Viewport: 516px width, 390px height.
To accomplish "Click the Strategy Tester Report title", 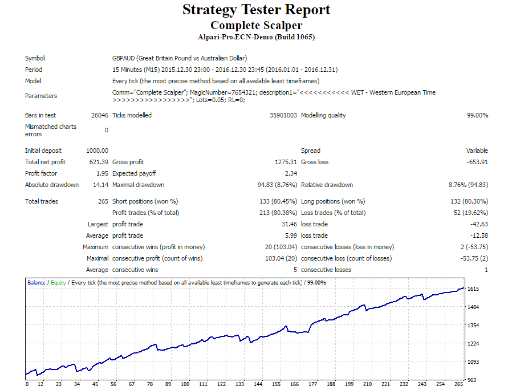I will pyautogui.click(x=256, y=10).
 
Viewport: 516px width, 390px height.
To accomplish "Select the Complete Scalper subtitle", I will pyautogui.click(x=256, y=25).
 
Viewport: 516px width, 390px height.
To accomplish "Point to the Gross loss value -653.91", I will pyautogui.click(x=476, y=162).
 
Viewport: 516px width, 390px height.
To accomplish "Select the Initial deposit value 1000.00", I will pyautogui.click(x=97, y=151).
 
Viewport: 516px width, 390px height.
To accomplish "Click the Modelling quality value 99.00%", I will pyautogui.click(x=477, y=115).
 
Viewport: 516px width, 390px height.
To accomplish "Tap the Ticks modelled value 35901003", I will pyautogui.click(x=283, y=115).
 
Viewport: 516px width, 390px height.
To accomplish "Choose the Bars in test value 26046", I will pyautogui.click(x=99, y=115).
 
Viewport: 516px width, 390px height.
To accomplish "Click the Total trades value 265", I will pyautogui.click(x=103, y=201).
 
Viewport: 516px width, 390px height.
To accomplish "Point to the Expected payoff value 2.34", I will pyautogui.click(x=290, y=173).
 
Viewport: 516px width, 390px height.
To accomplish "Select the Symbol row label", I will pyautogui.click(x=35, y=58).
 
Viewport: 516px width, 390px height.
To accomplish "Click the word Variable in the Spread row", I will pyautogui.click(x=477, y=151).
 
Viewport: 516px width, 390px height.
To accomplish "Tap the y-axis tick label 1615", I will pyautogui.click(x=473, y=289).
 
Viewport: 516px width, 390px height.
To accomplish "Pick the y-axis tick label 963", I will pyautogui.click(x=471, y=380).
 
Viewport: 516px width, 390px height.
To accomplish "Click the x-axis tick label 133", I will pyautogui.click(x=239, y=384).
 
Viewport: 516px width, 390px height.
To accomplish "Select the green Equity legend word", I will pyautogui.click(x=58, y=282).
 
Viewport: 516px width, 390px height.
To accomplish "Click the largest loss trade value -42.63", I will pyautogui.click(x=478, y=224).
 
